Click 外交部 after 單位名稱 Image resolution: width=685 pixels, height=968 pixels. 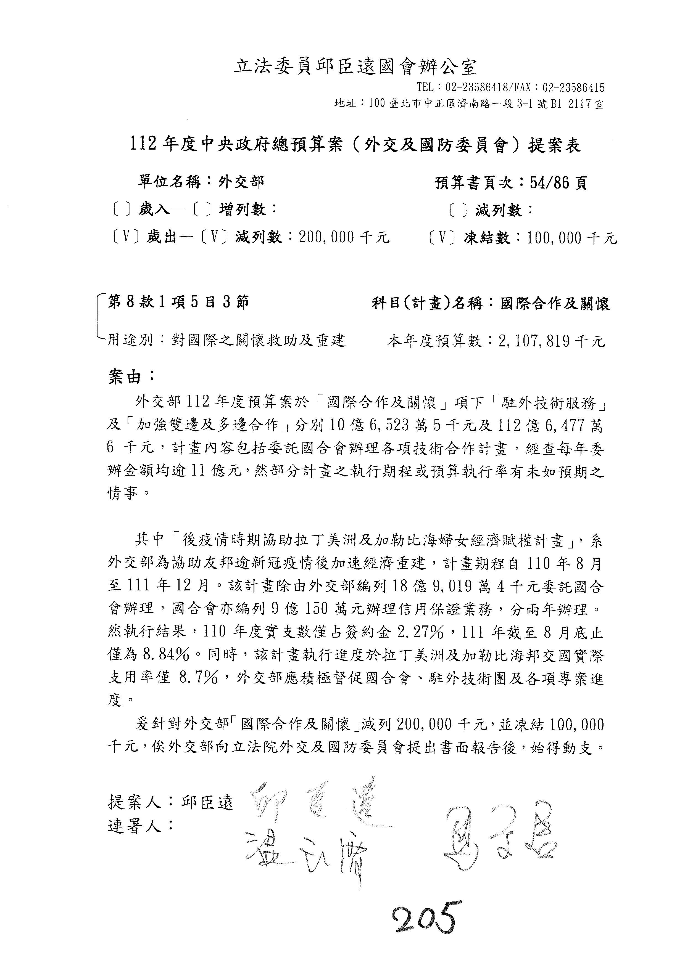[x=241, y=182]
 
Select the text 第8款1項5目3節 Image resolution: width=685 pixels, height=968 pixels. [x=178, y=302]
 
